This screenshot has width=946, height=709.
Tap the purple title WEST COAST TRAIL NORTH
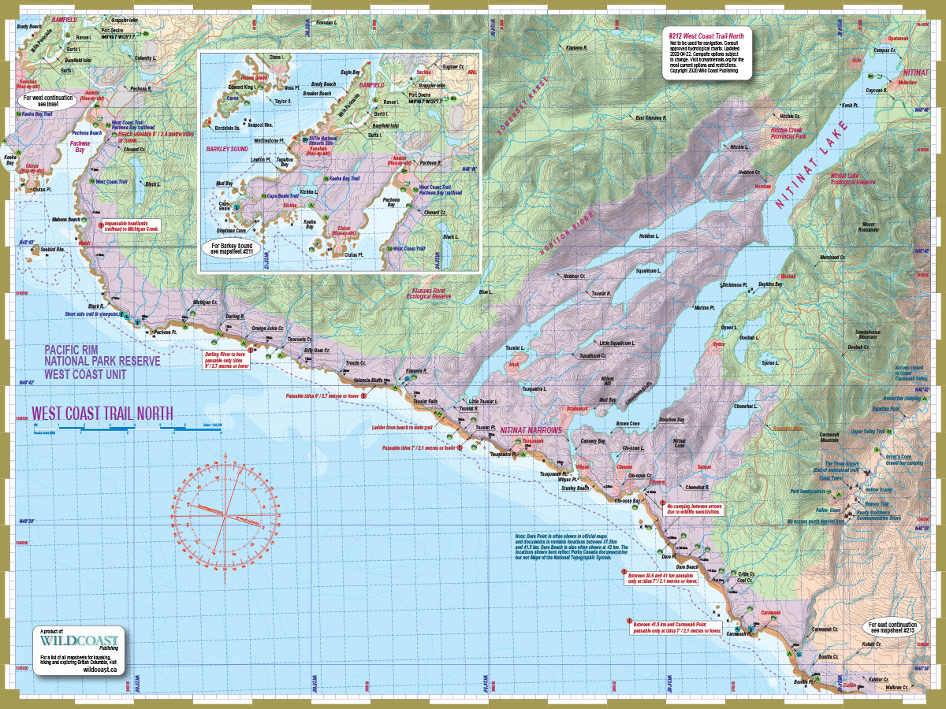(x=102, y=413)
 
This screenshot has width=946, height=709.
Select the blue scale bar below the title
(x=134, y=427)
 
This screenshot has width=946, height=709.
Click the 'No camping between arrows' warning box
(x=694, y=509)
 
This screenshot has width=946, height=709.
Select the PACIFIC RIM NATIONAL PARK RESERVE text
(x=102, y=360)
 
